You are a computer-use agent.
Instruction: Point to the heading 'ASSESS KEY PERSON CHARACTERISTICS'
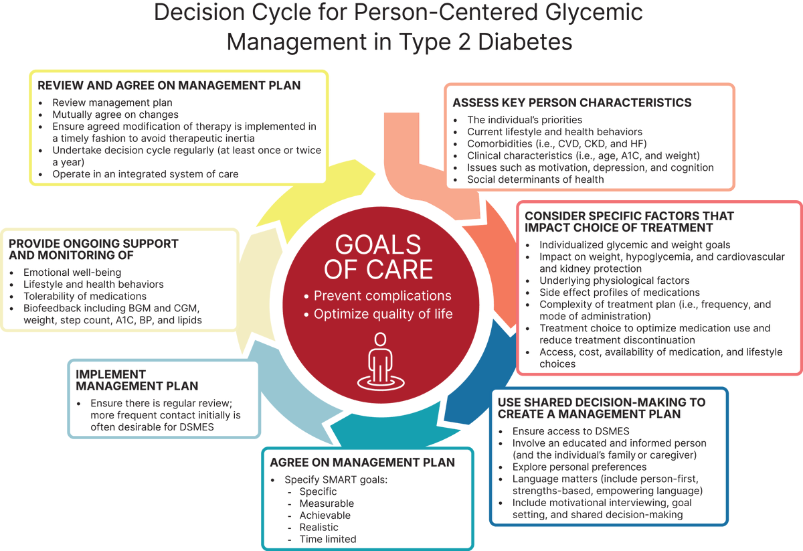click(572, 103)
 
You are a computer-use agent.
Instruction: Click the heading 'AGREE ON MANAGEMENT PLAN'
click(362, 463)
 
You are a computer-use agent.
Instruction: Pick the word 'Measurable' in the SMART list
click(327, 503)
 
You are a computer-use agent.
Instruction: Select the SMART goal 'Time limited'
click(328, 539)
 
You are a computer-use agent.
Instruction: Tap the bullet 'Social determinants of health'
click(535, 179)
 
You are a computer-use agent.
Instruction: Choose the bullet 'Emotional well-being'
click(72, 272)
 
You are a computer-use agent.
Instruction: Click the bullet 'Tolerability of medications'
click(85, 297)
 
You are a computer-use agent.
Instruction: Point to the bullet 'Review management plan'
click(112, 102)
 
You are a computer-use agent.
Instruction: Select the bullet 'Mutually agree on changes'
click(116, 114)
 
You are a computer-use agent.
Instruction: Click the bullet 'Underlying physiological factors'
click(614, 281)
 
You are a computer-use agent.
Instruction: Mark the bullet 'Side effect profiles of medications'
click(620, 293)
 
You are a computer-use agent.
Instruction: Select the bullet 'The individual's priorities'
click(525, 120)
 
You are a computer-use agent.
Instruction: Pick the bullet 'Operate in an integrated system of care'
click(145, 174)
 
